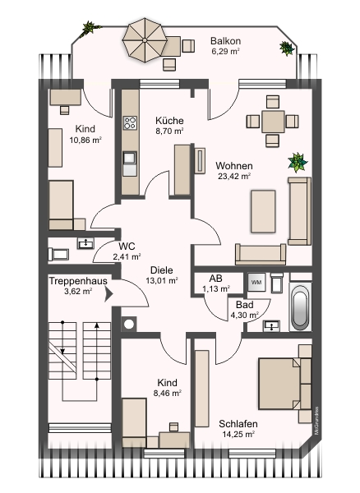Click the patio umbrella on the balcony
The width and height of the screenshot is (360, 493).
[x=145, y=40]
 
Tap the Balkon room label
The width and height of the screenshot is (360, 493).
[x=225, y=41]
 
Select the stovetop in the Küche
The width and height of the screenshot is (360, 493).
[x=130, y=122]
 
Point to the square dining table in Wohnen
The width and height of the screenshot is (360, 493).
[x=273, y=122]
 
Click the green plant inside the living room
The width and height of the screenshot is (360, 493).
[x=297, y=162]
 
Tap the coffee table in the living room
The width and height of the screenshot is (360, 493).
[x=263, y=211]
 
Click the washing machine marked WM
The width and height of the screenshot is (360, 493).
[x=256, y=282]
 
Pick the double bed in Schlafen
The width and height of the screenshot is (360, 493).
[x=284, y=384]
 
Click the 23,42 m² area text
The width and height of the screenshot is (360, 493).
[x=234, y=176]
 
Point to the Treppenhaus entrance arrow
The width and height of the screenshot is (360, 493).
[x=108, y=295]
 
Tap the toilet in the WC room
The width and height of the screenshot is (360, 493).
[x=58, y=254]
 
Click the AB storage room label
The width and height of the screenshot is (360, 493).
[x=215, y=279]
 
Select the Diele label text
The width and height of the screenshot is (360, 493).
[x=161, y=270]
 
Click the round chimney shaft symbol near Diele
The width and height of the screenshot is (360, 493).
[x=129, y=324]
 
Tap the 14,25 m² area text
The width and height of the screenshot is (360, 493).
[x=238, y=434]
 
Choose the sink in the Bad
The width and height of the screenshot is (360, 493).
[x=272, y=326]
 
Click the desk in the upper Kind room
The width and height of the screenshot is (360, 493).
[x=66, y=97]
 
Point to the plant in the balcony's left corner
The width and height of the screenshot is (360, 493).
[x=90, y=28]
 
